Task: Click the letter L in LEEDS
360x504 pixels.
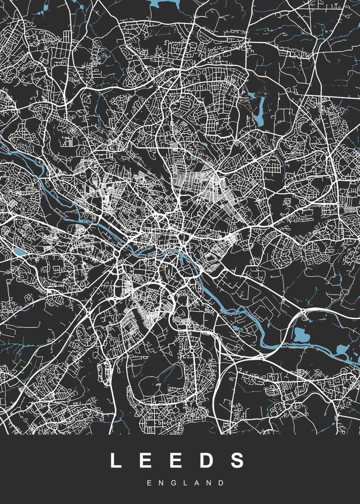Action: click(116, 460)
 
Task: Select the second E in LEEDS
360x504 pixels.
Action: click(177, 460)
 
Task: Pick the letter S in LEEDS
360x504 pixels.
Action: click(238, 460)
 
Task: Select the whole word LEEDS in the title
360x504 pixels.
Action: click(177, 460)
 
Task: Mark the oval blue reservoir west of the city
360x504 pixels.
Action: click(19, 252)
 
